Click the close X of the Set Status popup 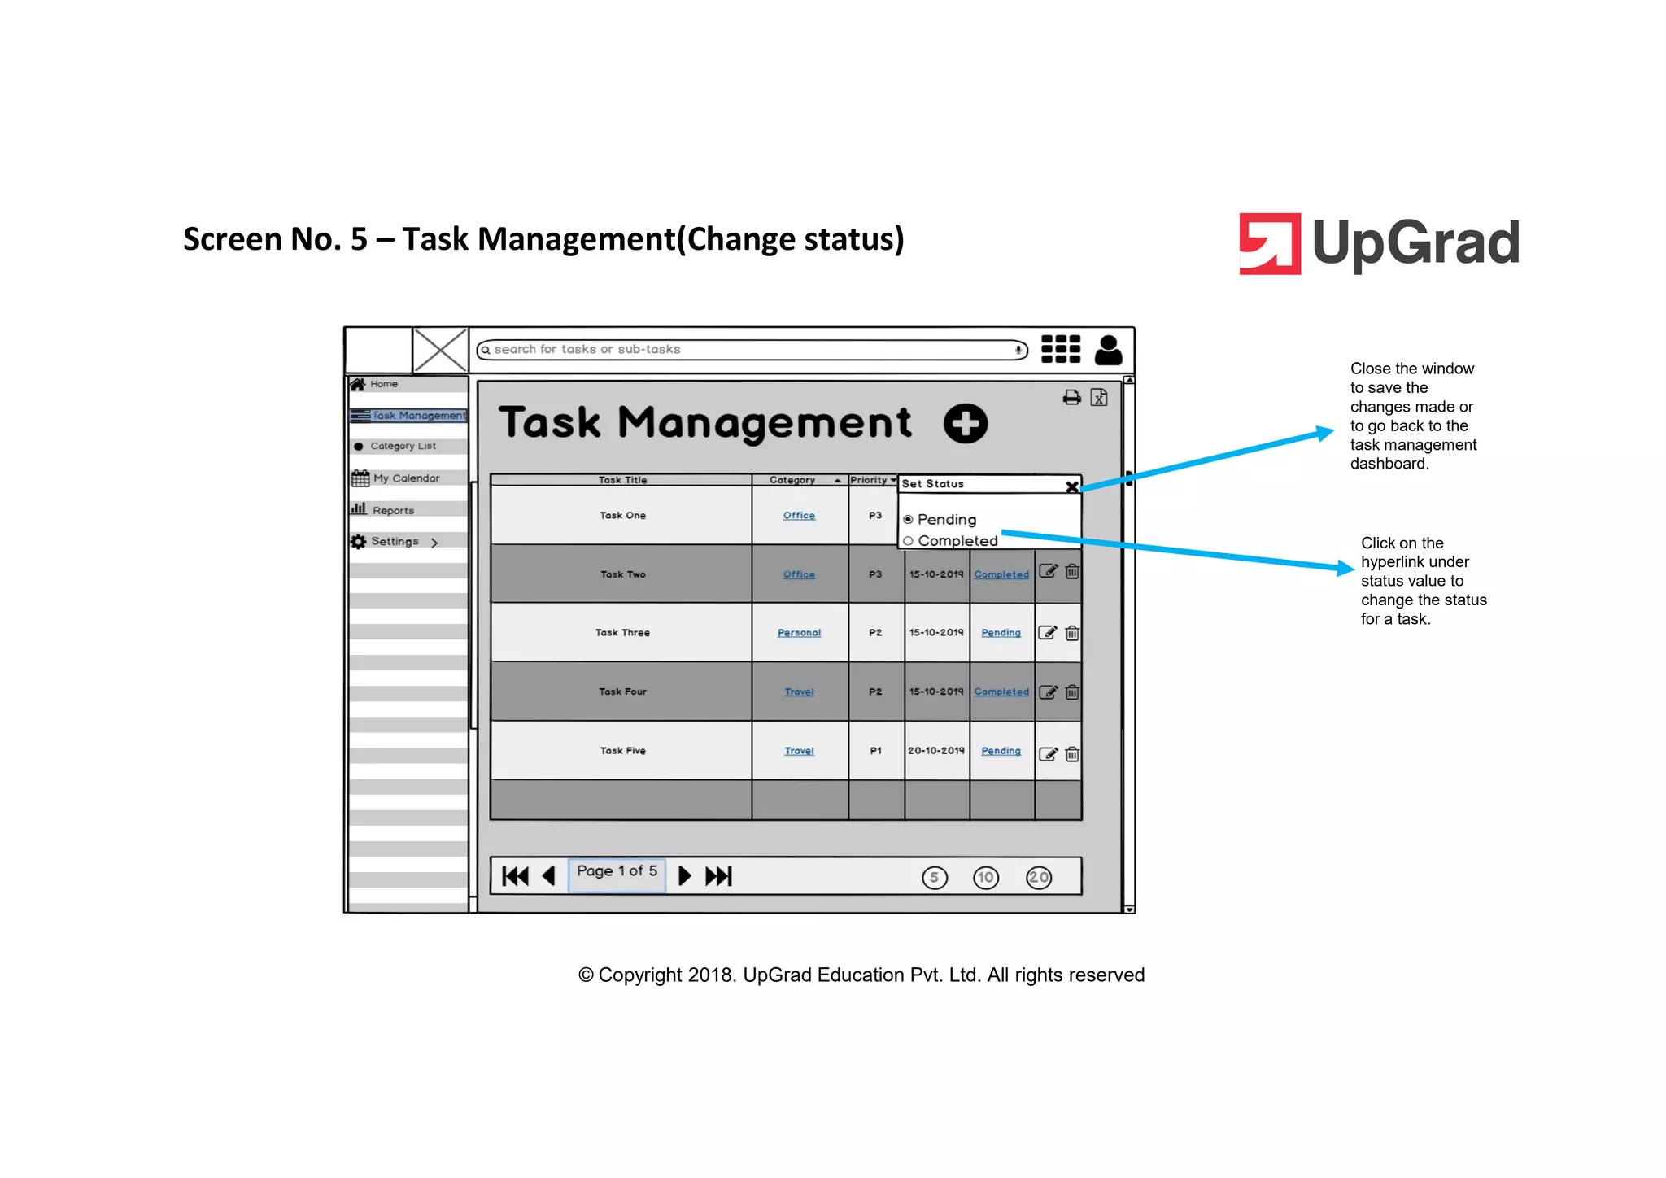[1072, 486]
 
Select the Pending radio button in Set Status [909, 520]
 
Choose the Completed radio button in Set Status [909, 541]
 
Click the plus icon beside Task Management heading [966, 424]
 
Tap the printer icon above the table [1072, 398]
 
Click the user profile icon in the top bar [1108, 350]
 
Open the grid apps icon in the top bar [1061, 349]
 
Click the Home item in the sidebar [383, 384]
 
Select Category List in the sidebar [403, 447]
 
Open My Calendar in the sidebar [405, 478]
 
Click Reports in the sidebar [393, 511]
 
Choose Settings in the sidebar [395, 542]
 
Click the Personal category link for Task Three [799, 633]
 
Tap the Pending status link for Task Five [1001, 751]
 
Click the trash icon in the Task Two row [1072, 572]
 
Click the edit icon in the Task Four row [1049, 692]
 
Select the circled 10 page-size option [986, 878]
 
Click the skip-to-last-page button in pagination [718, 876]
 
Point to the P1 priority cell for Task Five [875, 751]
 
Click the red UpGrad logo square [1269, 244]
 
